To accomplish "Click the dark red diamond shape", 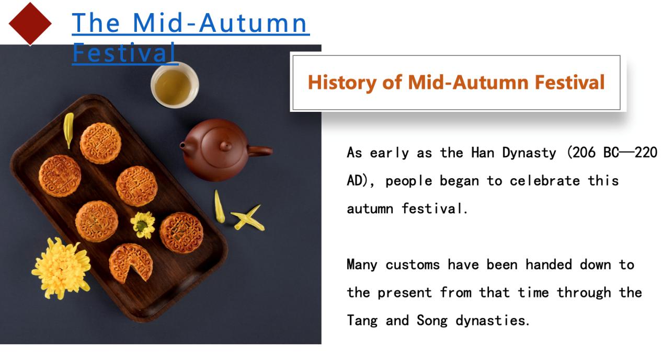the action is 30,24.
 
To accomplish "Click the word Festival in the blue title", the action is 124,53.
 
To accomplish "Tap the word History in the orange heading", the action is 342,83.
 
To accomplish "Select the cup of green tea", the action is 175,85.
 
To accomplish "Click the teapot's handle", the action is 260,151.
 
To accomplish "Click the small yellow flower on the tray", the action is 143,225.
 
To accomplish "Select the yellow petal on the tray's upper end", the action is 68,130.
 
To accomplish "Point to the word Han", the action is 483,153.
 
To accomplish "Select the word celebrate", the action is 545,181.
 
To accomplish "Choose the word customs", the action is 413,265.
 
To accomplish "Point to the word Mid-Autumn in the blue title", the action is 220,23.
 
